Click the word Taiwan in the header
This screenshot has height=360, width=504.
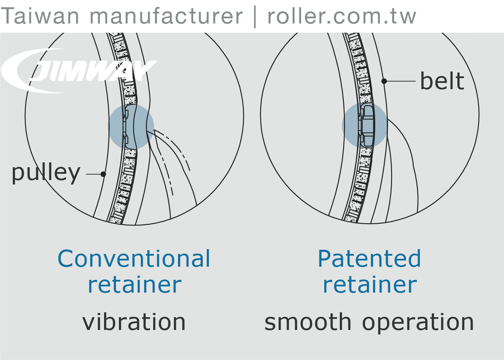coord(40,16)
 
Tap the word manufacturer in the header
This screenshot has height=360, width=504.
coord(166,16)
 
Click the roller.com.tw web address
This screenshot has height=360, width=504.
coord(342,16)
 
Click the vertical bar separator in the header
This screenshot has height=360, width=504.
coord(255,17)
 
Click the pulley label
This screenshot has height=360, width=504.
coord(46,173)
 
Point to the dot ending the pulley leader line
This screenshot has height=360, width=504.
coord(103,174)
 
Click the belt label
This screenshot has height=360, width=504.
coord(442,82)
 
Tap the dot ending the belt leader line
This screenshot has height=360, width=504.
coord(384,81)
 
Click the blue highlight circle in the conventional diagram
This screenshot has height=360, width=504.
coord(131,127)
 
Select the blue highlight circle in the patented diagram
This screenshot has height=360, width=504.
coord(365,125)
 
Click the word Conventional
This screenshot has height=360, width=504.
coord(134,259)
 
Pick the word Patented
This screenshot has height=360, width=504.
coord(369,259)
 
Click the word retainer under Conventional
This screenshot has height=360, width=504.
coord(134,285)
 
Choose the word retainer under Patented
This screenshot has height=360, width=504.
coord(370,285)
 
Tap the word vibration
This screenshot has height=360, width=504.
coord(134,322)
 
